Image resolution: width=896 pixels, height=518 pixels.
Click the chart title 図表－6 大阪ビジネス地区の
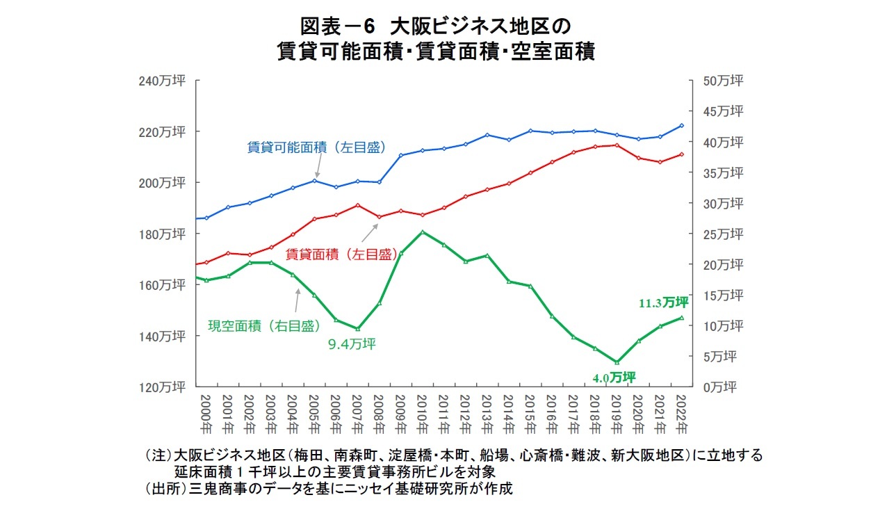435,26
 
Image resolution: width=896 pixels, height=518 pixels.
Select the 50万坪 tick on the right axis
723,81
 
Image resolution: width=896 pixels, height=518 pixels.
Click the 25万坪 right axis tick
723,234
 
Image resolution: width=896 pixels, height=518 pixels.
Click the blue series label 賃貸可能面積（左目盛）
316,147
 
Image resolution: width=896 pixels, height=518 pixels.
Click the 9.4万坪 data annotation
352,343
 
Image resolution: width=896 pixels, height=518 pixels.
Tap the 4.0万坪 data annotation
614,378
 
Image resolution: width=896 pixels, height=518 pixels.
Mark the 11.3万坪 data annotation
663,302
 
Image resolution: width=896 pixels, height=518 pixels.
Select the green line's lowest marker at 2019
617,362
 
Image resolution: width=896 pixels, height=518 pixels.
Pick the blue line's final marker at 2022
682,126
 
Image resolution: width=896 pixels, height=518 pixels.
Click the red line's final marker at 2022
682,154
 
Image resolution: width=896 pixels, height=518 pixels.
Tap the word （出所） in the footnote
161,488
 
